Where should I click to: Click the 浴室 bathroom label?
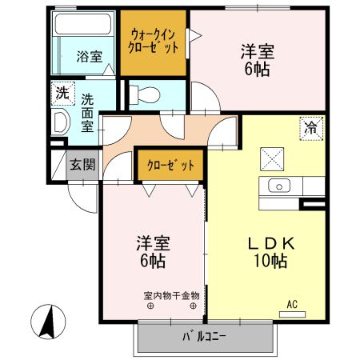click(x=88, y=57)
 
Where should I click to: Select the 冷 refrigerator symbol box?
click(x=310, y=126)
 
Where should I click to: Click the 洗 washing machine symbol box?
click(x=62, y=92)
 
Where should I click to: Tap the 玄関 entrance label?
click(x=80, y=165)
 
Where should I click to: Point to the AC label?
click(x=293, y=305)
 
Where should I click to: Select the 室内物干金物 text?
click(x=171, y=296)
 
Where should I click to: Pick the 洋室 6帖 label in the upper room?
click(x=258, y=60)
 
